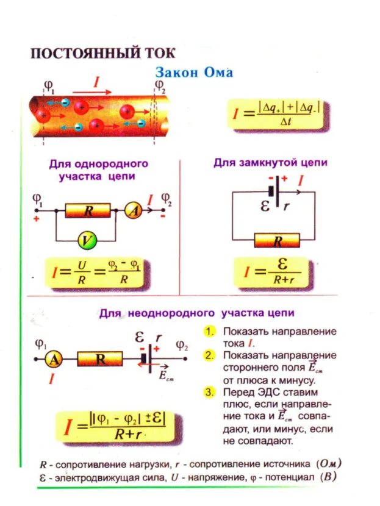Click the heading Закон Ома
pyautogui.click(x=194, y=73)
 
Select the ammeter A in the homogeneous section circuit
pyautogui.click(x=132, y=211)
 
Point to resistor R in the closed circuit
pyautogui.click(x=278, y=241)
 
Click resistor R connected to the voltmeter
pyautogui.click(x=88, y=211)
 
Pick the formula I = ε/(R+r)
pyautogui.click(x=273, y=272)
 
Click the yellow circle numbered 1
pyautogui.click(x=209, y=331)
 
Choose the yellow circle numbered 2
pyautogui.click(x=209, y=355)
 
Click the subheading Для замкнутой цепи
pyautogui.click(x=270, y=163)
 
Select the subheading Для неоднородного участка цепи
pyautogui.click(x=197, y=313)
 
